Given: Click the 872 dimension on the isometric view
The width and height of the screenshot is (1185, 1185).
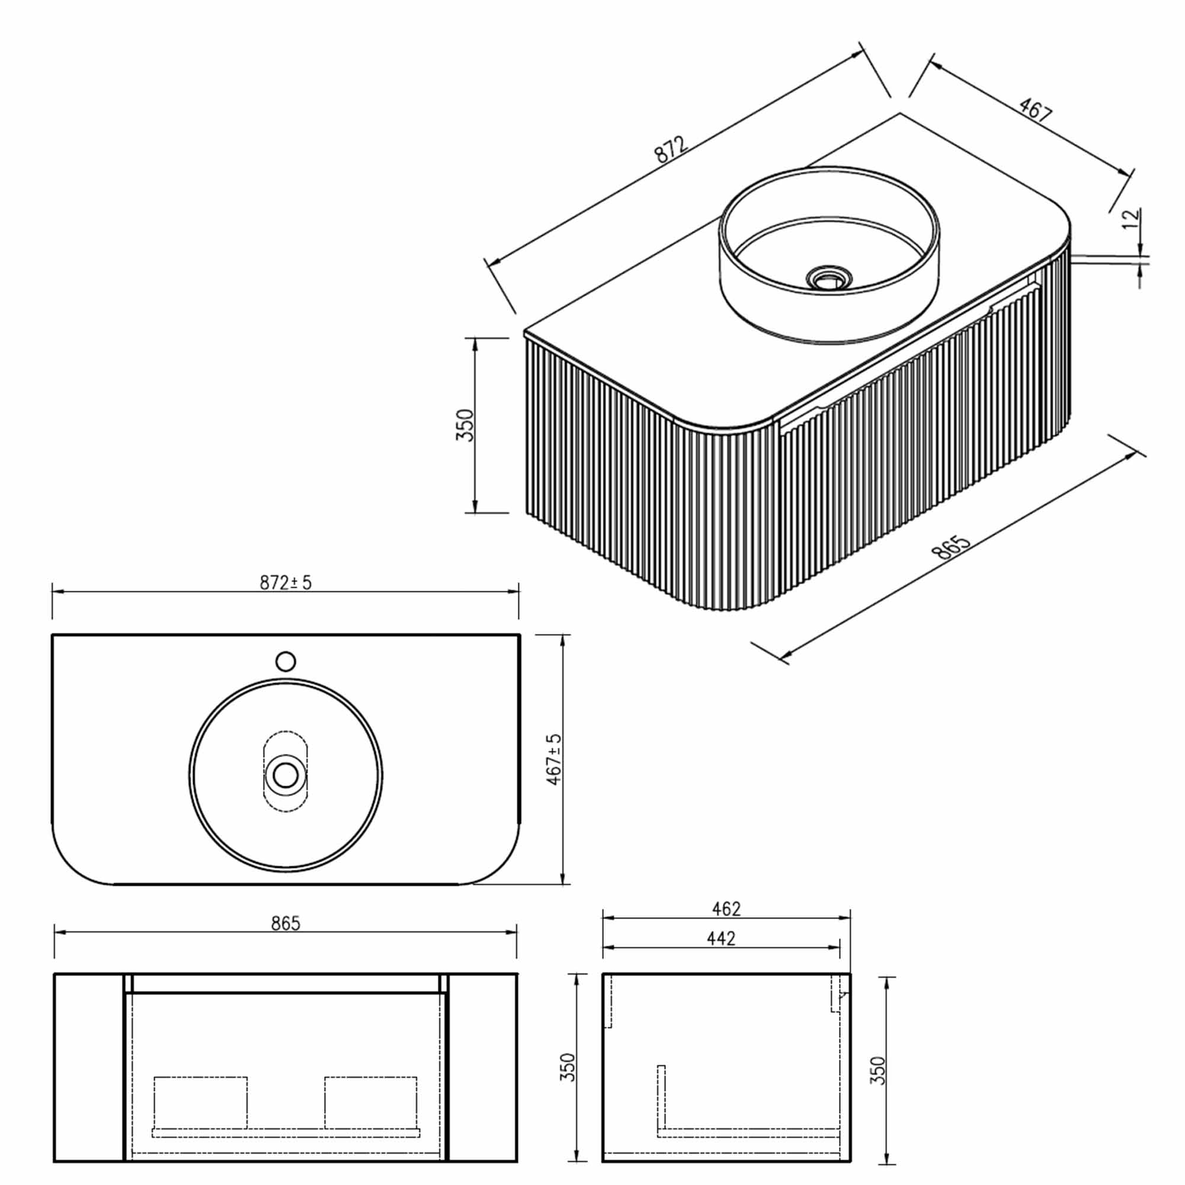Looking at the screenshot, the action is [x=672, y=149].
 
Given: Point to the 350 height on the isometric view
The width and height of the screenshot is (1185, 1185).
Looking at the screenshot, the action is [x=465, y=424].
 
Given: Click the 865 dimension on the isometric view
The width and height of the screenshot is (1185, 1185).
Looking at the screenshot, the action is [x=951, y=546].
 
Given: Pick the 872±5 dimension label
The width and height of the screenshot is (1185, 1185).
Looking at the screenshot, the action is [x=285, y=582].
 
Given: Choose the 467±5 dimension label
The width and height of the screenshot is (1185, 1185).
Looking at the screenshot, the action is [x=554, y=760].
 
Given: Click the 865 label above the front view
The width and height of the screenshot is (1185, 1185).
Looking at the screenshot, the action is [x=286, y=923].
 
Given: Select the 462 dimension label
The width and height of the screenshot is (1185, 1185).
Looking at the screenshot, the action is [x=726, y=908].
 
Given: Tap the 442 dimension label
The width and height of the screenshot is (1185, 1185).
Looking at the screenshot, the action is [x=720, y=939].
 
